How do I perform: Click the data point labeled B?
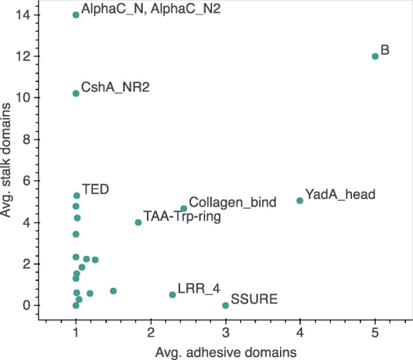click(x=375, y=56)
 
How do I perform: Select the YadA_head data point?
click(x=300, y=200)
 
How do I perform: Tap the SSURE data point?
click(x=225, y=305)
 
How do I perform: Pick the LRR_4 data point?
click(x=173, y=295)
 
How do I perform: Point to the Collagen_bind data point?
click(x=184, y=208)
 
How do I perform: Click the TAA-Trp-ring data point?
click(x=139, y=222)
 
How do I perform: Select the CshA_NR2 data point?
click(x=76, y=94)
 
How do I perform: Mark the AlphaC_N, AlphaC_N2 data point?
click(x=76, y=15)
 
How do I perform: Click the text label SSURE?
click(x=255, y=300)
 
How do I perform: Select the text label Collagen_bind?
click(x=233, y=203)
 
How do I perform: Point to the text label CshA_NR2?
click(x=116, y=88)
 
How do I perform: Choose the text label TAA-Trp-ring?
click(x=182, y=216)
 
